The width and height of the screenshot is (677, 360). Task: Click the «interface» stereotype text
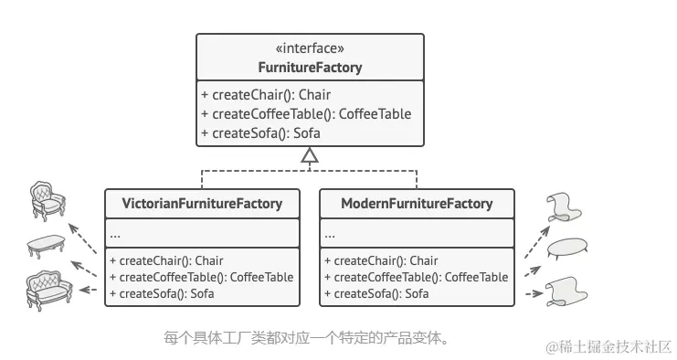click(x=310, y=49)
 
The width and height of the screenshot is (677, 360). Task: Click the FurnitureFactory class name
click(x=310, y=68)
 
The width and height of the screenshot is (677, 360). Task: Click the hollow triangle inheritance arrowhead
click(x=310, y=156)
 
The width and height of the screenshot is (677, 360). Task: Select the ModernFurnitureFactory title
click(x=417, y=204)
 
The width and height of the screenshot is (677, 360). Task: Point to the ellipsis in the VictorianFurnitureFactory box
click(x=115, y=234)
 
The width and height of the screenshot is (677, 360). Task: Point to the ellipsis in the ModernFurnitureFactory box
click(x=330, y=234)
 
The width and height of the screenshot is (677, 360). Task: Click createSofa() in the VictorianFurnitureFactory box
click(x=162, y=293)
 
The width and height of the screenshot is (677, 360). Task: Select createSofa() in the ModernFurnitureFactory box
click(x=376, y=293)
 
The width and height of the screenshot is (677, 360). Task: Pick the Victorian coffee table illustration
click(x=44, y=245)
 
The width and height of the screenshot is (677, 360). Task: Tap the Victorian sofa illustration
click(x=48, y=290)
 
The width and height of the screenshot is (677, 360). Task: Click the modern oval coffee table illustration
click(x=567, y=247)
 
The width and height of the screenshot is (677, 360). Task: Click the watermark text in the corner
click(x=608, y=346)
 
